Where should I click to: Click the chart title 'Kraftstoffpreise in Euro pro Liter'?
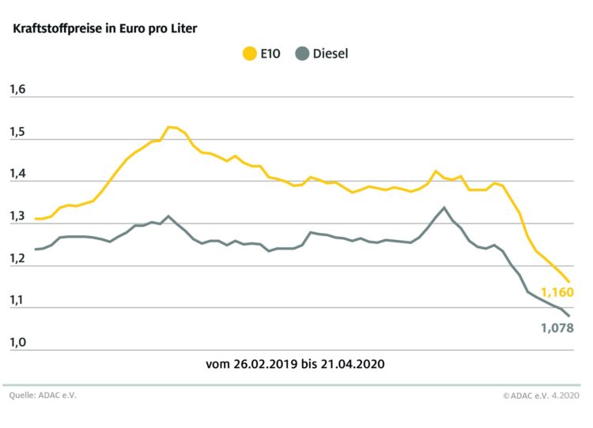click(104, 28)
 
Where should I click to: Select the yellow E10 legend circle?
click(247, 54)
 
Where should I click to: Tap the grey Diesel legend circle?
click(301, 54)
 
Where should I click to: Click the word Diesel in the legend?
click(330, 54)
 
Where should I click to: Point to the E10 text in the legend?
click(270, 54)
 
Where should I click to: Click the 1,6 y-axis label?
click(18, 90)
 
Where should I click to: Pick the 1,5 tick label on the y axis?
click(18, 132)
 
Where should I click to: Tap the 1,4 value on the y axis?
click(18, 175)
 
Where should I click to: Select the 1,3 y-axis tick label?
click(18, 216)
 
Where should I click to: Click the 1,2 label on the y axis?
click(18, 259)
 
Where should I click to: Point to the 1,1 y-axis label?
click(18, 301)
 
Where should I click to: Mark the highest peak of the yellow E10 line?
click(170, 126)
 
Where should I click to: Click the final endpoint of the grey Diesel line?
click(568, 316)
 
